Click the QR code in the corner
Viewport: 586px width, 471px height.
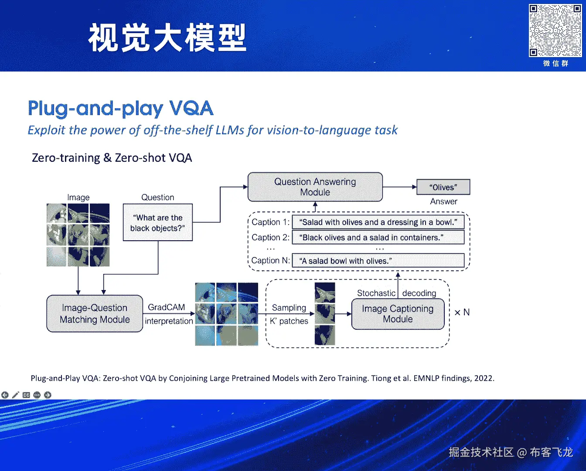555,31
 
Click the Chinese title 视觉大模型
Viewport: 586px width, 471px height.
167,38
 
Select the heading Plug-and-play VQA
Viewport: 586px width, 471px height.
120,109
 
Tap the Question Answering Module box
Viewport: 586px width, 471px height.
315,187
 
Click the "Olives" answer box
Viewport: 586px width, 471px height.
443,187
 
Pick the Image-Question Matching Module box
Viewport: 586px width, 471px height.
95,314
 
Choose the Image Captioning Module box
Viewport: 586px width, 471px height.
398,314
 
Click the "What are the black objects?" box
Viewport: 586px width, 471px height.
157,222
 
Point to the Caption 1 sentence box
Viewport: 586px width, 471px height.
378,222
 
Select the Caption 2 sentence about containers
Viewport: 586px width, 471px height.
378,238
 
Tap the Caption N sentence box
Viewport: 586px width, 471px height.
378,261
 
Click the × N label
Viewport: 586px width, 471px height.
462,312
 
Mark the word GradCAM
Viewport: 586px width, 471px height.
166,307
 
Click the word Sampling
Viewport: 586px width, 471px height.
289,308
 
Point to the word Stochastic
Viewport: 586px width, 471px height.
376,293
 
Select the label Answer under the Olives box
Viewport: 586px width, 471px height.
443,201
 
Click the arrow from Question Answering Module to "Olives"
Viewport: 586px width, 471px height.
399,187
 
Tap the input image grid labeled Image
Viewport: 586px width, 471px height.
78,235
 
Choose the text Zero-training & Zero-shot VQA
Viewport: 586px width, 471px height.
112,158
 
